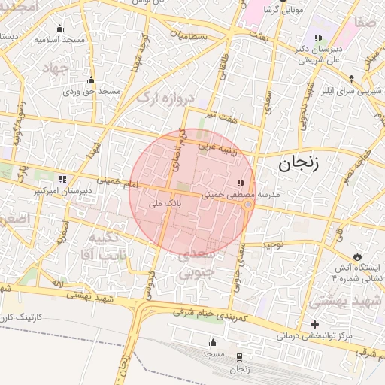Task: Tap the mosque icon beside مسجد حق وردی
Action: coord(92,80)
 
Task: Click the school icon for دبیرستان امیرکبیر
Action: coord(62,179)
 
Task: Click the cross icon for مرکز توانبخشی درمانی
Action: coord(314,324)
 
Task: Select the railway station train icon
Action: coord(239,356)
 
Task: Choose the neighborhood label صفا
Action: coord(366,23)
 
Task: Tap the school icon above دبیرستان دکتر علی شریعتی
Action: coord(318,37)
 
